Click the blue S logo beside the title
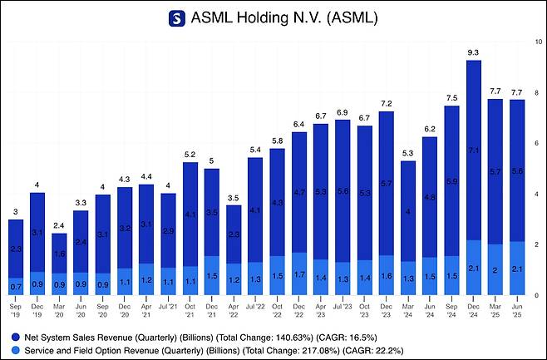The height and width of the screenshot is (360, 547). click(x=177, y=18)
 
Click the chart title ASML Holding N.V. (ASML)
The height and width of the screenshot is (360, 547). click(x=283, y=18)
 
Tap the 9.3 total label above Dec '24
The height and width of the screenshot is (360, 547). click(x=473, y=52)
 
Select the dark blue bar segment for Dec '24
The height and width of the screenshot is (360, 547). click(x=473, y=150)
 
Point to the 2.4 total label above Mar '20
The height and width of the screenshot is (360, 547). click(x=60, y=225)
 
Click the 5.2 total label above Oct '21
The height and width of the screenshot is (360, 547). click(x=190, y=155)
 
